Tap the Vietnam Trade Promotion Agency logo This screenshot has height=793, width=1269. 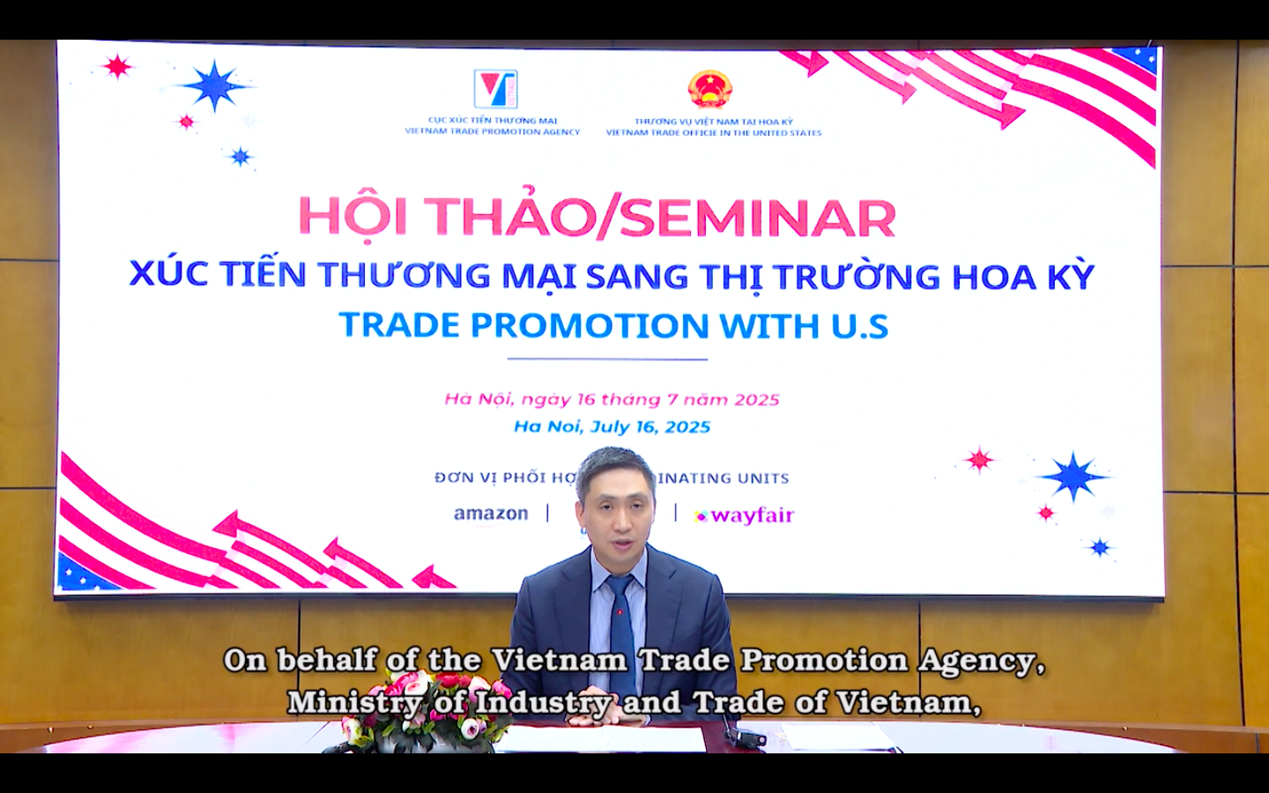(495, 89)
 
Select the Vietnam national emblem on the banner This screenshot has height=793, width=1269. (710, 89)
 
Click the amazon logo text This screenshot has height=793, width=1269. (491, 514)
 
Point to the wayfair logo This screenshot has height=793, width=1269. (745, 515)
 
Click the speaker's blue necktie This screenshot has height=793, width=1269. (620, 626)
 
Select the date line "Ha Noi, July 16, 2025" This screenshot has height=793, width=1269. (612, 427)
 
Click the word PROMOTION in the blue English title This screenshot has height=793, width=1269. (590, 326)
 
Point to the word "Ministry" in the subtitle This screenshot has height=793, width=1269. (353, 702)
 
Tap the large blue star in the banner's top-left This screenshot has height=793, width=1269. (214, 85)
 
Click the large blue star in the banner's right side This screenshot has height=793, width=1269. (1072, 477)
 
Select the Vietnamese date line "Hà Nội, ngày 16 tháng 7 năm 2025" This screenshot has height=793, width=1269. (612, 399)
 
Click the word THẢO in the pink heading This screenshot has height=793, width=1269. (509, 217)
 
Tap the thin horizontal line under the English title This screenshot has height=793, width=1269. (607, 359)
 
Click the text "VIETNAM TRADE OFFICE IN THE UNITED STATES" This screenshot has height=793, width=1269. (713, 133)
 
